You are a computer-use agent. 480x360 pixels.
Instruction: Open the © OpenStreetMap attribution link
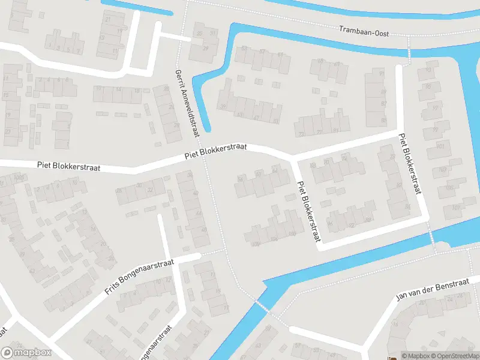pos(454,356)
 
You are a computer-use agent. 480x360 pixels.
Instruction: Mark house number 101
pos(442,146)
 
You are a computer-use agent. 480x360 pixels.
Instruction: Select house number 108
pos(256,244)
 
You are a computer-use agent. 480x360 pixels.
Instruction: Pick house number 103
pos(443,170)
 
